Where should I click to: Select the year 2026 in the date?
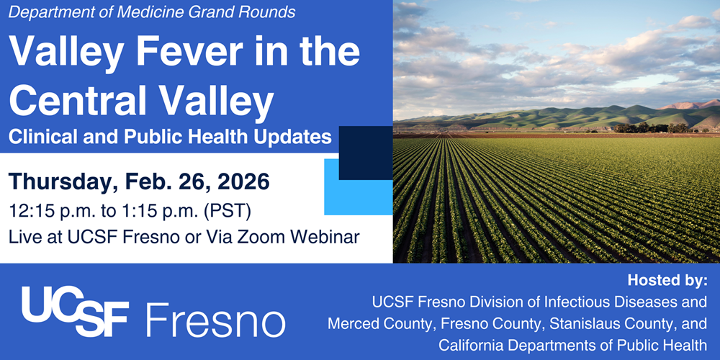pyautogui.click(x=243, y=182)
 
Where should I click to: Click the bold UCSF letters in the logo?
pyautogui.click(x=74, y=311)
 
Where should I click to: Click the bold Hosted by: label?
pyautogui.click(x=667, y=281)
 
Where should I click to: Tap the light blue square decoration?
pyautogui.click(x=358, y=187)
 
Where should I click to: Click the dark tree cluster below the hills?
pyautogui.click(x=649, y=127)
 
